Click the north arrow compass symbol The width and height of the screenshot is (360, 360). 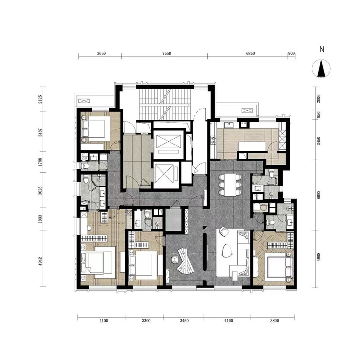pos(321,68)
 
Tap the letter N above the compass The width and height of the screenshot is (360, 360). pos(322,49)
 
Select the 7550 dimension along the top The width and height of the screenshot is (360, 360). pos(166,54)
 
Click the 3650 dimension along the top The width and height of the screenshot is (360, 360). pos(101,54)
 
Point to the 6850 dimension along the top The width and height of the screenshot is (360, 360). pos(251,54)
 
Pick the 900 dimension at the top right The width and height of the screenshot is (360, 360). pos(291,54)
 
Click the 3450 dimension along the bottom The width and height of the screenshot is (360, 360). pos(184,321)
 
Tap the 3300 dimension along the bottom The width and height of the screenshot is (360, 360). pos(146,321)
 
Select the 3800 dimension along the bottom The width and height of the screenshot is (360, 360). pos(274,321)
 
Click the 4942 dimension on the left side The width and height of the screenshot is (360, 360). pos(40,261)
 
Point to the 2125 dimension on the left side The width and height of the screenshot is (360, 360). pos(40,99)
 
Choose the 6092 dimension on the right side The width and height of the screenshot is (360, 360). pos(319,194)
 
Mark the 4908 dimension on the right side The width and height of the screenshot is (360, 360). pos(319,257)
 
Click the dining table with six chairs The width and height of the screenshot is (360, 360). pos(230,185)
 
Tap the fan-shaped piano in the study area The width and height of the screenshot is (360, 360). pos(185,262)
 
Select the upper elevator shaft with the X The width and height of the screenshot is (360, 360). pos(168,144)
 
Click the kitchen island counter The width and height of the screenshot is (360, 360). pos(252,147)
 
